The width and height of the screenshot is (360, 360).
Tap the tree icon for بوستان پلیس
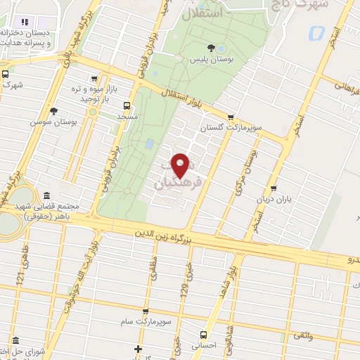pyautogui.click(x=211, y=48)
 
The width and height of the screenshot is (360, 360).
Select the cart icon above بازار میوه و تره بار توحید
pyautogui.click(x=94, y=79)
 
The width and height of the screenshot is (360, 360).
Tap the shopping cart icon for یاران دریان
pyautogui.click(x=274, y=188)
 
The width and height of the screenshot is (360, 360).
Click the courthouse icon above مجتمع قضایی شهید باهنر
pyautogui.click(x=47, y=195)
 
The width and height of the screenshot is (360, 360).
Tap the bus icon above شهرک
pyautogui.click(x=6, y=73)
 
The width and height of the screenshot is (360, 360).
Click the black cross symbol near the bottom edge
pyautogui.click(x=139, y=349)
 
